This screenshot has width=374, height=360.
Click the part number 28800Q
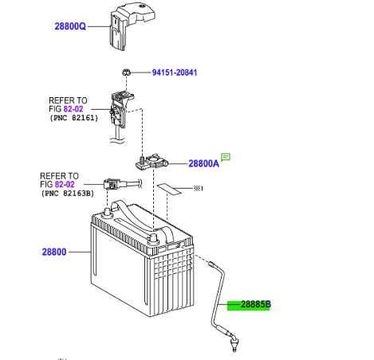pyautogui.click(x=70, y=26)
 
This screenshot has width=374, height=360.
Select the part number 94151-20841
pyautogui.click(x=175, y=72)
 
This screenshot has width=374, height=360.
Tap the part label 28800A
pyautogui.click(x=203, y=163)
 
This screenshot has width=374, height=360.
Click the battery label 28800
pyautogui.click(x=54, y=252)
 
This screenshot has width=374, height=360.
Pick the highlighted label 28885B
pyautogui.click(x=256, y=304)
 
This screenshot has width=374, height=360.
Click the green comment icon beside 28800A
pyautogui.click(x=226, y=157)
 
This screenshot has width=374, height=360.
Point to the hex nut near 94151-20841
pyautogui.click(x=126, y=72)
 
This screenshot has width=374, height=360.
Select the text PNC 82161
pyautogui.click(x=74, y=118)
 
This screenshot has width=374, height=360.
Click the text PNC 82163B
pyautogui.click(x=68, y=194)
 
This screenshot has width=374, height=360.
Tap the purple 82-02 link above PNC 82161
pyautogui.click(x=73, y=109)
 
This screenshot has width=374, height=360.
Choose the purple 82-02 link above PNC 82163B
pyautogui.click(x=65, y=184)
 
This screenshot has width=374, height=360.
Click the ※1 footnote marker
pyautogui.click(x=198, y=189)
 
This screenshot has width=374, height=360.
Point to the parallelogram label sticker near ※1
pyautogui.click(x=169, y=190)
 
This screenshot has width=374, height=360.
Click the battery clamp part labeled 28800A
pyautogui.click(x=152, y=162)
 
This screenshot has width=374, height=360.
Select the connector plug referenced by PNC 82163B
pyautogui.click(x=112, y=184)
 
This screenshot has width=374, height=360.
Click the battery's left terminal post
pyautogui.click(x=107, y=213)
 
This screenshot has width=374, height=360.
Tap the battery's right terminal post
pyautogui.click(x=153, y=238)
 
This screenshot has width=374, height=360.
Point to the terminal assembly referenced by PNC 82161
pyautogui.click(x=120, y=110)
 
